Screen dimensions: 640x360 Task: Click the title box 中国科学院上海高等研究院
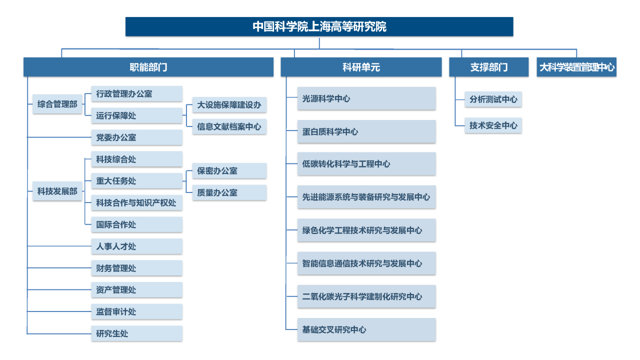coord(319,26)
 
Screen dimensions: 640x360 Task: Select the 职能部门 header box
coord(148,67)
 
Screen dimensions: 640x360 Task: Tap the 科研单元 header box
coord(361,67)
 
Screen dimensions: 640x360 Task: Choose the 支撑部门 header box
coord(489,67)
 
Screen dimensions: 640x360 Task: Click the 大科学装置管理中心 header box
coord(576,67)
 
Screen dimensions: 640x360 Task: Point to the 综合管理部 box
coord(57,104)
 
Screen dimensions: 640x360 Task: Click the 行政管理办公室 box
coord(137,93)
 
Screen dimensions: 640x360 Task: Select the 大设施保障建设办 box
coord(229,105)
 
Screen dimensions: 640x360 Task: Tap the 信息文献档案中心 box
coord(229,126)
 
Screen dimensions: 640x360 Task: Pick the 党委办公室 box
coord(137,137)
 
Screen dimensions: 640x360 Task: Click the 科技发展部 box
coord(57,191)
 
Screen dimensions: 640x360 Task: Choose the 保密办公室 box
coord(229,171)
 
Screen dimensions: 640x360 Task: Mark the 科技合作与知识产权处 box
coord(137,203)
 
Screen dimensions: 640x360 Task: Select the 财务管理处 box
coord(137,268)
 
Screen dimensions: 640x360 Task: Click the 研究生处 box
coord(137,333)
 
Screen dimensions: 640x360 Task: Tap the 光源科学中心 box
coord(366,98)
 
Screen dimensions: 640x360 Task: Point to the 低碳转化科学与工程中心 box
coord(366,163)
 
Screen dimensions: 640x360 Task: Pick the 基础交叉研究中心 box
coord(366,329)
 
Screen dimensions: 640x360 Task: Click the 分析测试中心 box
coord(493,99)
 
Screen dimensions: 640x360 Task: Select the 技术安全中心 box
coord(493,125)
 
